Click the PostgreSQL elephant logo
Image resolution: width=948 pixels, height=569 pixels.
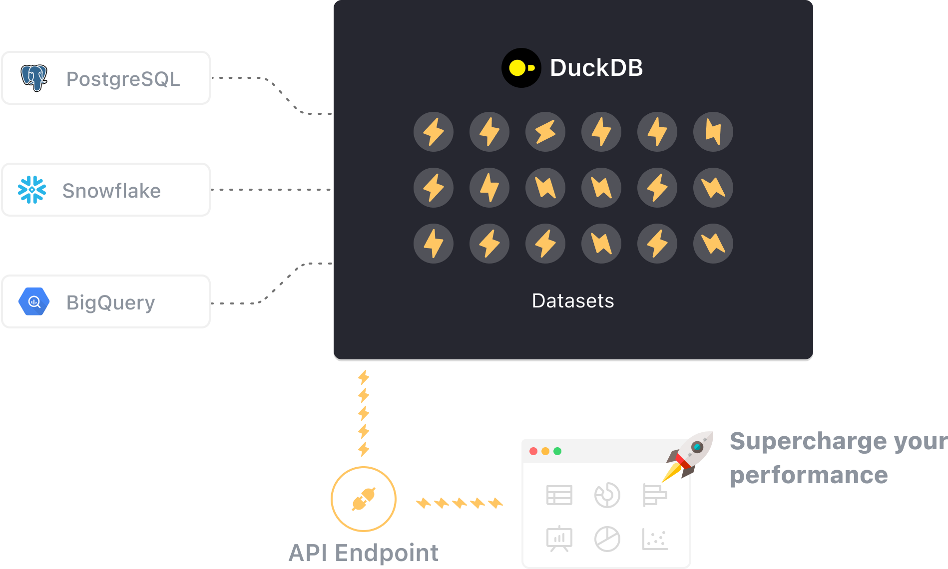tap(34, 78)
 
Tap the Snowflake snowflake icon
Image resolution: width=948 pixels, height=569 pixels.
tap(32, 190)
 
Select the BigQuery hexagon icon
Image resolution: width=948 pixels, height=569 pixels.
tap(34, 301)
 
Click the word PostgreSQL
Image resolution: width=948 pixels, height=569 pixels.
tap(123, 79)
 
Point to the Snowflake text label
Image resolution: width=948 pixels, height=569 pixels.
tap(111, 191)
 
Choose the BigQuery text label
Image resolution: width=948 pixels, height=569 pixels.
tap(110, 302)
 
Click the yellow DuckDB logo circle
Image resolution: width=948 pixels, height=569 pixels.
tap(521, 68)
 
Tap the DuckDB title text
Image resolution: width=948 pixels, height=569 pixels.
tap(596, 68)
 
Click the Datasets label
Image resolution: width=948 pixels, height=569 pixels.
tap(573, 301)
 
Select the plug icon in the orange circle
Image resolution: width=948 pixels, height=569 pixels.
tap(364, 499)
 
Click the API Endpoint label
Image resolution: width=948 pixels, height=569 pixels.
tap(364, 553)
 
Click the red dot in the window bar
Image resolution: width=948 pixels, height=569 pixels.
tap(533, 451)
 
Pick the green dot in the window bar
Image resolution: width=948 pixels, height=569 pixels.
tap(557, 451)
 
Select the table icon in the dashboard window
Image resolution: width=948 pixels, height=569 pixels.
tap(559, 495)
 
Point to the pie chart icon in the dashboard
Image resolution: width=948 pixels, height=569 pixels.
tap(607, 539)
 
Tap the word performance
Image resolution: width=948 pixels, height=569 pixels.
tap(809, 475)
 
